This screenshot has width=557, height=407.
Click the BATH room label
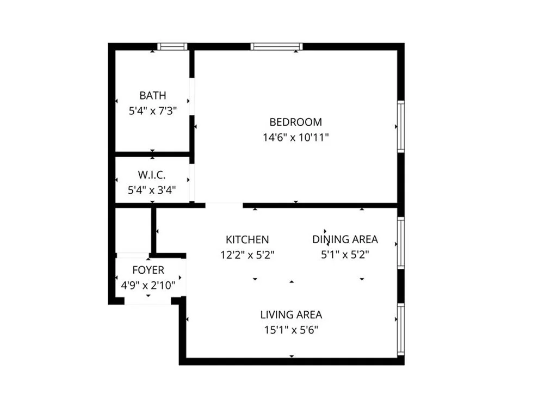pyautogui.click(x=153, y=96)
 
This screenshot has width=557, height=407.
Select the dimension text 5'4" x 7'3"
pyautogui.click(x=153, y=111)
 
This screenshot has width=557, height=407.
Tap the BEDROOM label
pyautogui.click(x=295, y=122)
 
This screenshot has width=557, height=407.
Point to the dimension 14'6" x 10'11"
pyautogui.click(x=295, y=138)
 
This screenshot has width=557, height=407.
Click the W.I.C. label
pyautogui.click(x=152, y=175)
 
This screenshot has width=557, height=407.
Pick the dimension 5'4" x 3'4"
pyautogui.click(x=152, y=190)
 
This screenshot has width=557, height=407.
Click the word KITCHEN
pyautogui.click(x=247, y=239)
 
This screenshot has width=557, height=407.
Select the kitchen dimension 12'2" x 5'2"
pyautogui.click(x=247, y=255)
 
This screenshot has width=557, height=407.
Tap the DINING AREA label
pyautogui.click(x=345, y=239)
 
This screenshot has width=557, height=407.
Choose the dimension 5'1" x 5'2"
pyautogui.click(x=345, y=255)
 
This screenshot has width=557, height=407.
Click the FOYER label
pyautogui.click(x=148, y=270)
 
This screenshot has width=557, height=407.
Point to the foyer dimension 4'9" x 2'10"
pyautogui.click(x=148, y=286)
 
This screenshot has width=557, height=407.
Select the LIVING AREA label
pyautogui.click(x=292, y=315)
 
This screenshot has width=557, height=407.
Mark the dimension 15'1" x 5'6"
pyautogui.click(x=292, y=331)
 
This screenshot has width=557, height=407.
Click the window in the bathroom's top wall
pyautogui.click(x=172, y=47)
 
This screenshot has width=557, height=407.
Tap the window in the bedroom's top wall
pyautogui.click(x=277, y=47)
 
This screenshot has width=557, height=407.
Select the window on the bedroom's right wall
pyautogui.click(x=401, y=127)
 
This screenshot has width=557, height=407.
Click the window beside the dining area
pyautogui.click(x=401, y=243)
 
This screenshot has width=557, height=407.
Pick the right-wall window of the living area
pyautogui.click(x=401, y=329)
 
